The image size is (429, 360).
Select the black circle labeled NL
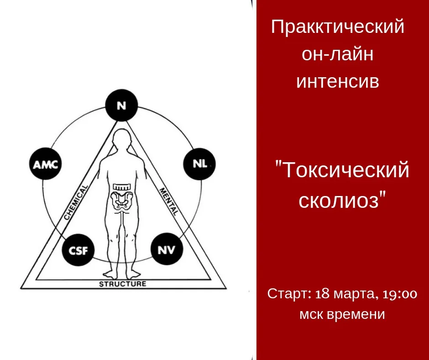(x=199, y=164)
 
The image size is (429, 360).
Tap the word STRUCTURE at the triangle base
(x=123, y=284)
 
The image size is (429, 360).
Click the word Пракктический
(x=338, y=27)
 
